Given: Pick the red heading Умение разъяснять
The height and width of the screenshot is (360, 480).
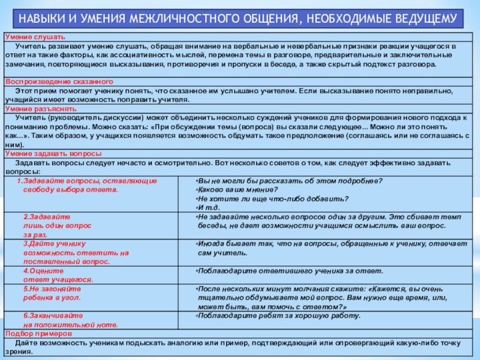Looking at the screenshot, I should (x=41, y=110).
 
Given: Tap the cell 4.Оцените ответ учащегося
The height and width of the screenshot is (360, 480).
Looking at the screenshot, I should (x=58, y=275).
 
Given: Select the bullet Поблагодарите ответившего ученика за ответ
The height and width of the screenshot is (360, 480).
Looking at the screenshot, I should (x=282, y=271).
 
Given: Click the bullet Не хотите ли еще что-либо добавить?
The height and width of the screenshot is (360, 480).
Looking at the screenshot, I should (x=273, y=198).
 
